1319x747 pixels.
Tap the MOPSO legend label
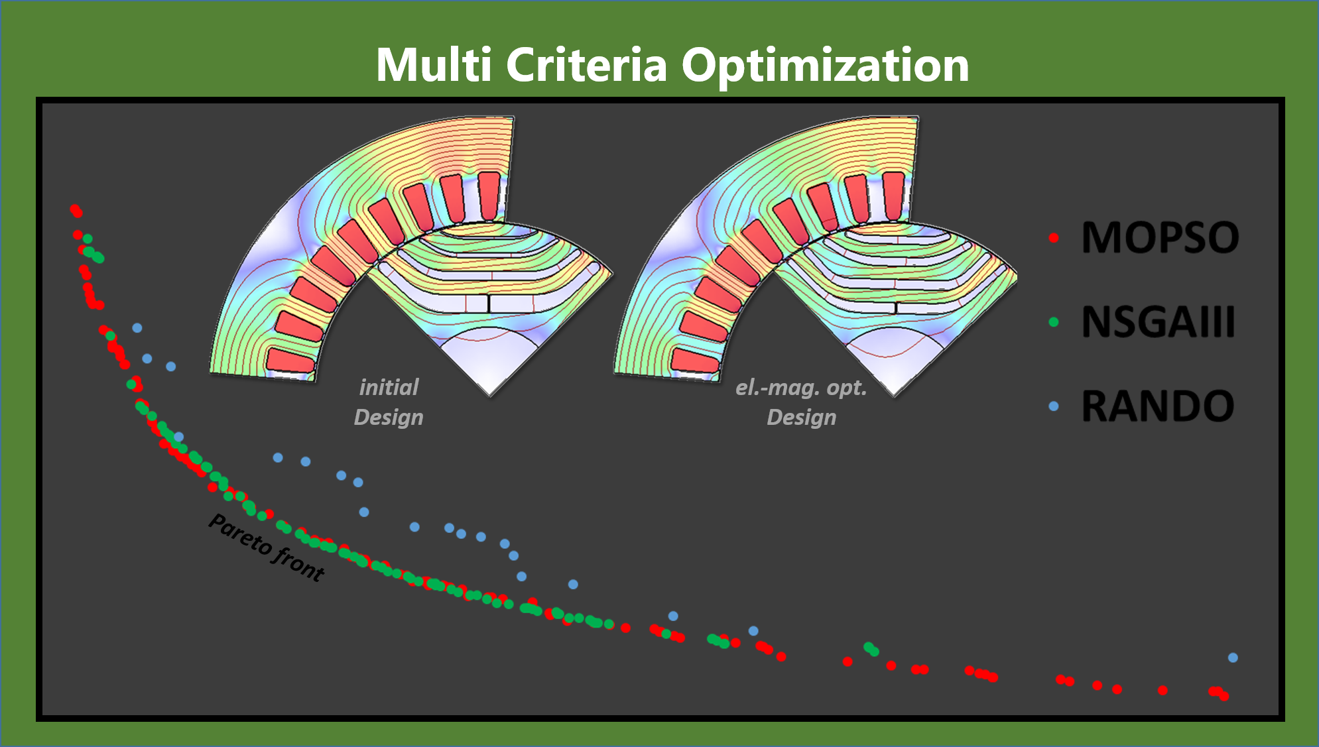pos(1160,237)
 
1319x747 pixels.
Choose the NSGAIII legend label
pos(1158,321)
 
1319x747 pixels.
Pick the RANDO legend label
pos(1158,406)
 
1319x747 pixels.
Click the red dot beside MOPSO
pos(1054,237)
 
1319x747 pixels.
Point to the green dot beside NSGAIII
pos(1054,322)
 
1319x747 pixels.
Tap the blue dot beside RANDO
pos(1054,406)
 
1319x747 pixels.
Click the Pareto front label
pos(267,547)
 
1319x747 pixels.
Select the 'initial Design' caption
pos(389,402)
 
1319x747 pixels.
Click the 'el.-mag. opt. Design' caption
pos(801,402)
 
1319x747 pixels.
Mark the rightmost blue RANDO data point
pos(1233,658)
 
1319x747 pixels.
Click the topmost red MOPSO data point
pos(74,209)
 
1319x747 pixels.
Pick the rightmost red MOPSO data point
pos(1224,696)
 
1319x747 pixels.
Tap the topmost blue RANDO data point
pos(137,327)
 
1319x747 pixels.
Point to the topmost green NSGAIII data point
pos(87,239)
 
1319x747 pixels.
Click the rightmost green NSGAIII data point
pos(874,652)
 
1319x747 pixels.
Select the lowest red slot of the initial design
pos(290,361)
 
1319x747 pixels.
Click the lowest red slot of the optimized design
pos(695,361)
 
